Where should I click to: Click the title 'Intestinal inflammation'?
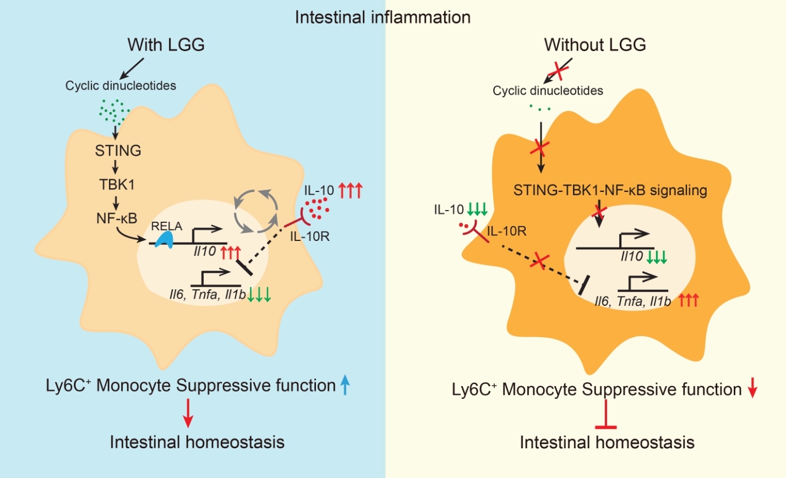coord(383,17)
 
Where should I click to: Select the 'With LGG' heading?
coord(166,45)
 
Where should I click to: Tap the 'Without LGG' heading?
coord(594,45)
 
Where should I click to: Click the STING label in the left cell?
coord(118,151)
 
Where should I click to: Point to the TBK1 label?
coord(117,184)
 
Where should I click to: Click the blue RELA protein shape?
coord(165,239)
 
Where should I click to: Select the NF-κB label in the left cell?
coord(117,218)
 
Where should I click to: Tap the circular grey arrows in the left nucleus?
coord(255,211)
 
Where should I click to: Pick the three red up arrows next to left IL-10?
coord(350,190)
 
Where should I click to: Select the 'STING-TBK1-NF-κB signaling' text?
coord(610,190)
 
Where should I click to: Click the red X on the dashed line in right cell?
coord(539,260)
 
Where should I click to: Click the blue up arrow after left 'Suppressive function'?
coord(345,384)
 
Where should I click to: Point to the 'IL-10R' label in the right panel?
coord(506,231)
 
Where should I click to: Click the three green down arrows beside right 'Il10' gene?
coord(657,257)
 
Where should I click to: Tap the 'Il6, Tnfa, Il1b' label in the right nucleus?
coord(632,301)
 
